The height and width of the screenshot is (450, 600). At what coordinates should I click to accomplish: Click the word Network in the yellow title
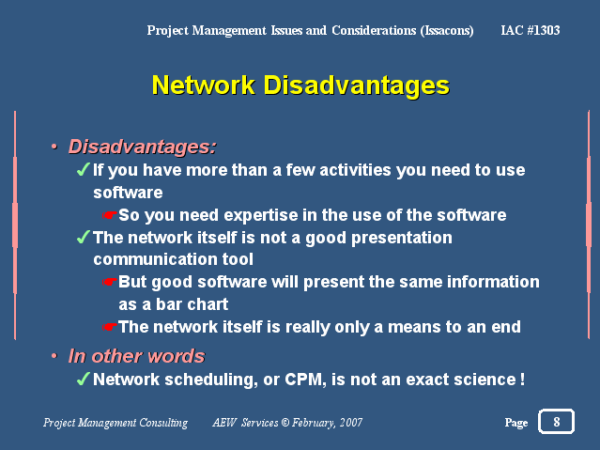tap(204, 85)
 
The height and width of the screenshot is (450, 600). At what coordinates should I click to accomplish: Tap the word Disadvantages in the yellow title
tap(356, 85)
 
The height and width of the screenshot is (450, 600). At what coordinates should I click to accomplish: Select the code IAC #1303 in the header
tap(531, 30)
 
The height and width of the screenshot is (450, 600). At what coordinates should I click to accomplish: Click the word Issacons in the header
tap(447, 31)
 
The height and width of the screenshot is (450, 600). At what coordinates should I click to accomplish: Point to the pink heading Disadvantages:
tap(143, 147)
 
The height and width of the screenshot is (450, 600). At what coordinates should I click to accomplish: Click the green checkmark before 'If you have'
tap(83, 169)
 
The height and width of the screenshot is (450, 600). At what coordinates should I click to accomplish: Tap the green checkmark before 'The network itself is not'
tap(83, 237)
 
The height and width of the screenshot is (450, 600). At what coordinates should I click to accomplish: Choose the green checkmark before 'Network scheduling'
tap(83, 379)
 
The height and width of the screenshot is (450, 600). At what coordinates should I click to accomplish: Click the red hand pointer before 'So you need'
tap(110, 215)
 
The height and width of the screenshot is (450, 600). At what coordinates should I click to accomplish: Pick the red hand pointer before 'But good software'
tap(110, 282)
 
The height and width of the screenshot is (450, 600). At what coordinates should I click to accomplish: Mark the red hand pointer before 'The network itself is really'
tap(110, 327)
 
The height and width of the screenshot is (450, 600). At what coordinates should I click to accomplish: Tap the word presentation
tap(401, 239)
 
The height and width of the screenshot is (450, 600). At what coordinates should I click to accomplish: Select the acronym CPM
tap(305, 380)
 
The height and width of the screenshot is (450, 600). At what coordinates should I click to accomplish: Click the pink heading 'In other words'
tap(136, 356)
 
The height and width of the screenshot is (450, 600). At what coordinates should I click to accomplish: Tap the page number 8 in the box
tap(557, 422)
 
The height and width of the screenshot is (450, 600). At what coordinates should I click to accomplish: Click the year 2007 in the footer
tap(351, 423)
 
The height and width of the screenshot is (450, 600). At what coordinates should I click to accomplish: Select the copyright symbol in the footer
tap(285, 423)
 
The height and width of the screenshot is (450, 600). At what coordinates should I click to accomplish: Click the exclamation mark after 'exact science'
tap(522, 380)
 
